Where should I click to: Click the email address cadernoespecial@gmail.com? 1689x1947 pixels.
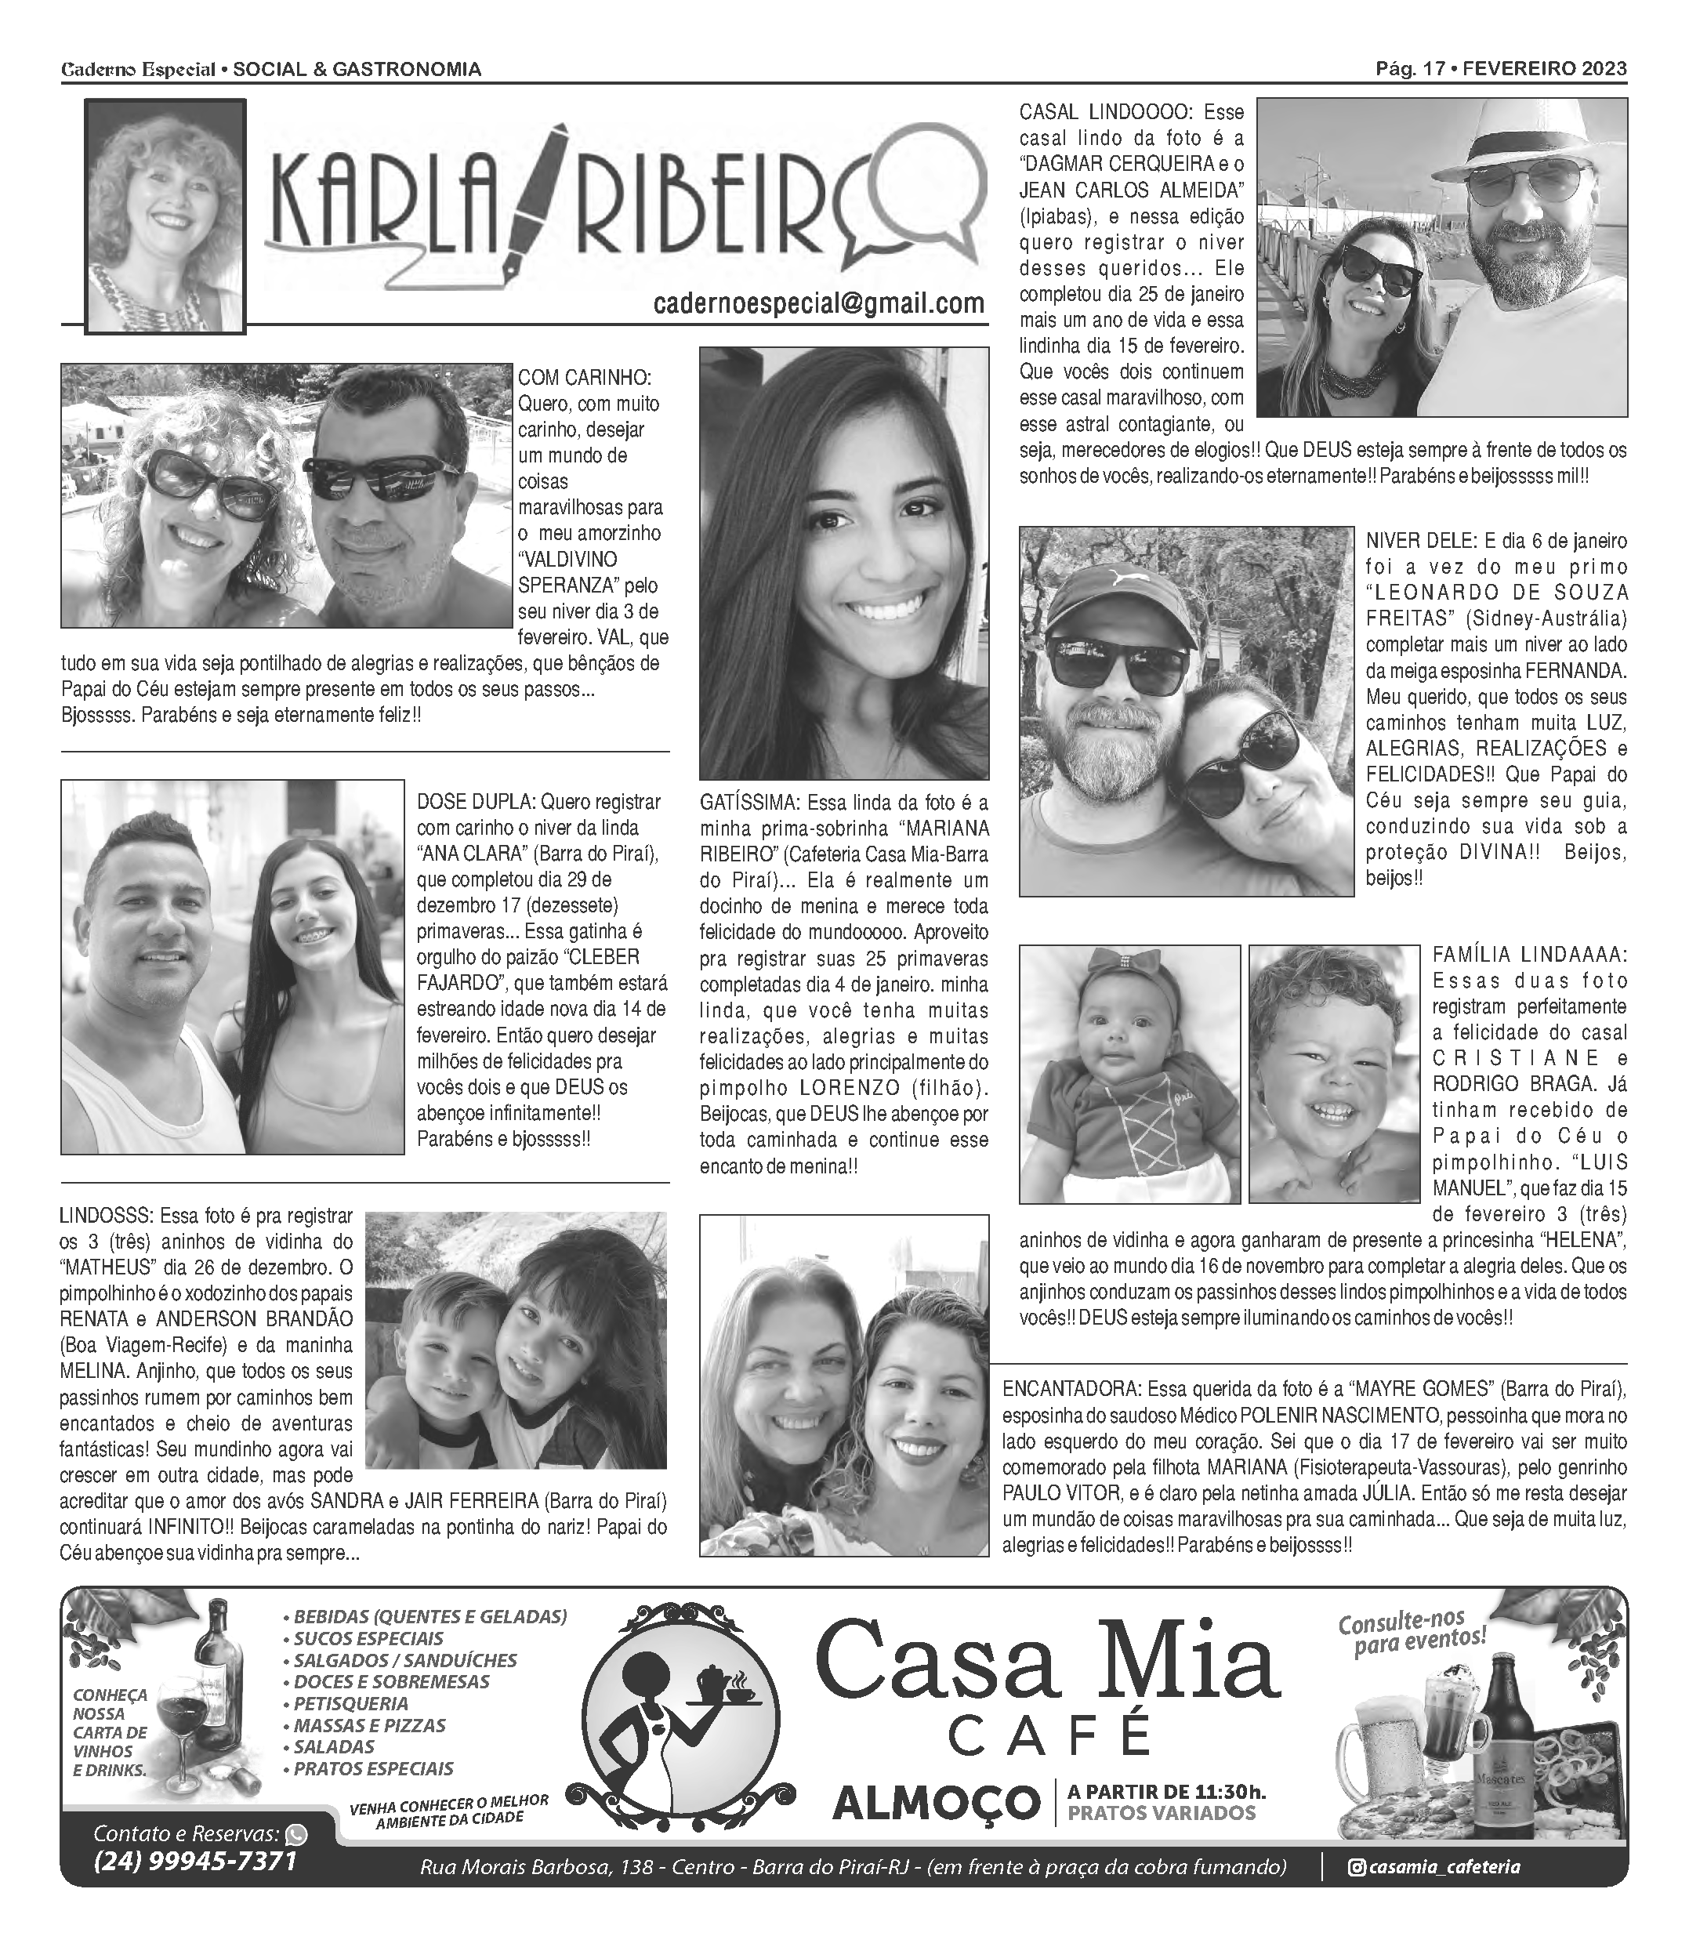818,303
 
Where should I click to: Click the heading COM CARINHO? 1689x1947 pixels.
585,378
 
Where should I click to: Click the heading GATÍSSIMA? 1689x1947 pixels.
749,803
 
